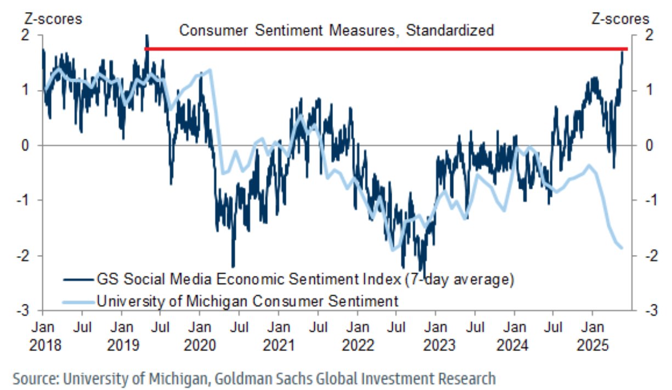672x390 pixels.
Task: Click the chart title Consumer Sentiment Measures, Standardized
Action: (x=336, y=30)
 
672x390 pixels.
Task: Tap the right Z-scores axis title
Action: (x=619, y=19)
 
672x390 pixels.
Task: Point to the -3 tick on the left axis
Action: (x=29, y=311)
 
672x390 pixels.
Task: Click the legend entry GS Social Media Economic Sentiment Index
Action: (x=305, y=280)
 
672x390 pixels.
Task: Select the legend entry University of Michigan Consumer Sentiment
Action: (x=247, y=300)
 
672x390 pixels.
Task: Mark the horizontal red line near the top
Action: (x=384, y=49)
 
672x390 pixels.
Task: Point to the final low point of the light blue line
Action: (x=622, y=248)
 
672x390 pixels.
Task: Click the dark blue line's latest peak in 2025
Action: (x=623, y=51)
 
